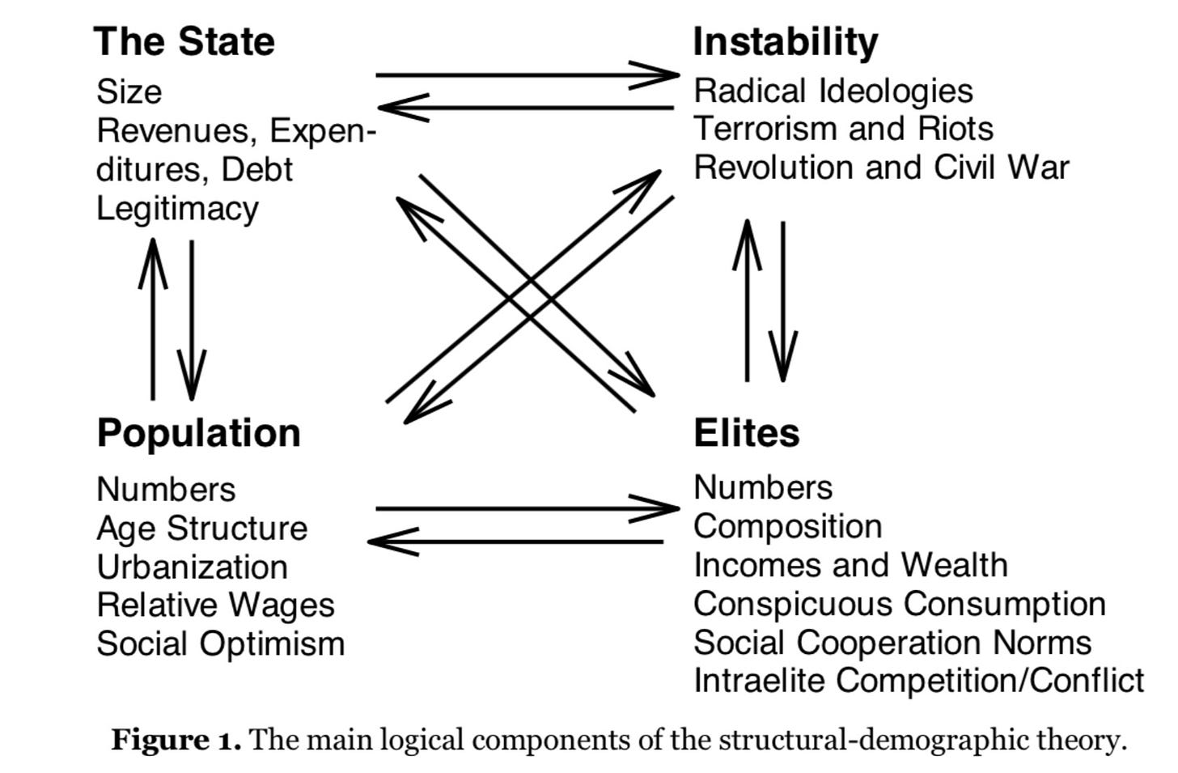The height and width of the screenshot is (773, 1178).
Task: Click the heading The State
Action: pyautogui.click(x=184, y=41)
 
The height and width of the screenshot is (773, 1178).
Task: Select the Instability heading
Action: pyautogui.click(x=785, y=41)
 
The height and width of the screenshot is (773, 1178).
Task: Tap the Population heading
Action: pyautogui.click(x=198, y=432)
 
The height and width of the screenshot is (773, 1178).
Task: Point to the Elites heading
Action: pyautogui.click(x=746, y=432)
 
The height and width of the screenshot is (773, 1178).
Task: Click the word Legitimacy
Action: pyautogui.click(x=177, y=209)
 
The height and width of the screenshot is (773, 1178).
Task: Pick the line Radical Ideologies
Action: pyautogui.click(x=833, y=91)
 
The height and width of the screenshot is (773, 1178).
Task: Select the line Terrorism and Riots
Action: pyautogui.click(x=843, y=129)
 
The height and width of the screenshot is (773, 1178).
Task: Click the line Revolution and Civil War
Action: pyautogui.click(x=881, y=168)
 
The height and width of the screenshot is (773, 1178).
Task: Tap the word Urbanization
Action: pyautogui.click(x=192, y=567)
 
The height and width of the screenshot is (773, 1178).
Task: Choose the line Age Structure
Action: pyautogui.click(x=201, y=528)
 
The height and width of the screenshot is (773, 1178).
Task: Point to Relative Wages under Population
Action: pyautogui.click(x=215, y=605)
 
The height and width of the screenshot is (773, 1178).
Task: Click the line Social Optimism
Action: pyautogui.click(x=220, y=643)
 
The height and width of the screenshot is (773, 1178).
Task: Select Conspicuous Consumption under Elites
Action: pyautogui.click(x=899, y=604)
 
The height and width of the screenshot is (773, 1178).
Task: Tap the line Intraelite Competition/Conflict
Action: pyautogui.click(x=918, y=680)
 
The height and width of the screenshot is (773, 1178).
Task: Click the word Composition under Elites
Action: pyautogui.click(x=787, y=526)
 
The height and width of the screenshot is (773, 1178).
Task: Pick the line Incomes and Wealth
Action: pyautogui.click(x=850, y=565)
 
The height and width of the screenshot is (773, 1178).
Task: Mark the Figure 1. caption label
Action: pyautogui.click(x=176, y=740)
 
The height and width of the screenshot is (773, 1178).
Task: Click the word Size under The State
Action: pyautogui.click(x=129, y=91)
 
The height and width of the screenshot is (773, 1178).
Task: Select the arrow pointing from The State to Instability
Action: pyautogui.click(x=526, y=75)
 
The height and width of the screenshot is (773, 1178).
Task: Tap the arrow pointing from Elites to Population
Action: pyautogui.click(x=518, y=541)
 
